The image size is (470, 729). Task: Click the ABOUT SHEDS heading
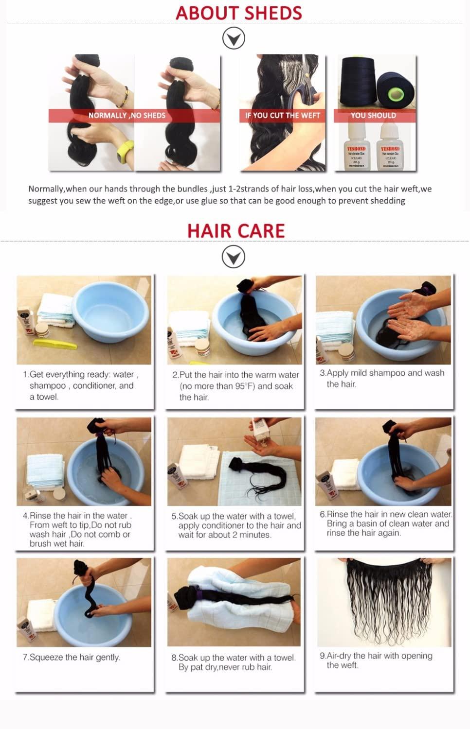238,13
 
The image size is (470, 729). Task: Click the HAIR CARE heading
236,230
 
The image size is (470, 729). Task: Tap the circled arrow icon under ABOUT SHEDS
234,38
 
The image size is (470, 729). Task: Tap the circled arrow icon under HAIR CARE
234,257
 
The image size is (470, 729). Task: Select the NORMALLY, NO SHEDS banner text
127,116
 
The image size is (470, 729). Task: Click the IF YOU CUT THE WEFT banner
282,116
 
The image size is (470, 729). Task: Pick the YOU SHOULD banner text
373,116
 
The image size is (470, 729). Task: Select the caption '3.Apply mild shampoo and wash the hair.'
382,378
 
